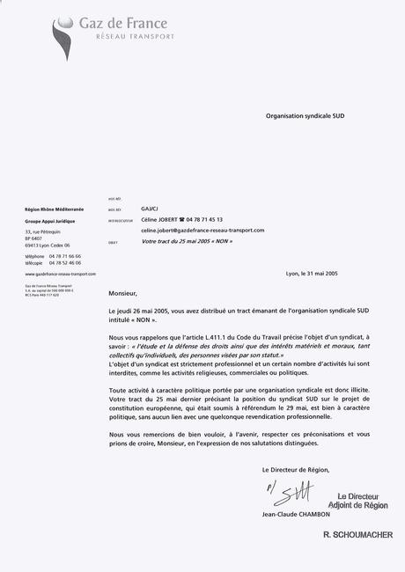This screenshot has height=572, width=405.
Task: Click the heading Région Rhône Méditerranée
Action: (55, 209)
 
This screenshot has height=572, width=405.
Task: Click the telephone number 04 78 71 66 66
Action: (65, 255)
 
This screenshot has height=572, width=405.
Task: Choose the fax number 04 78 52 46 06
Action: (65, 262)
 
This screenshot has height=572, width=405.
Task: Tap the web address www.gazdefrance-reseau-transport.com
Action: (60, 274)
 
